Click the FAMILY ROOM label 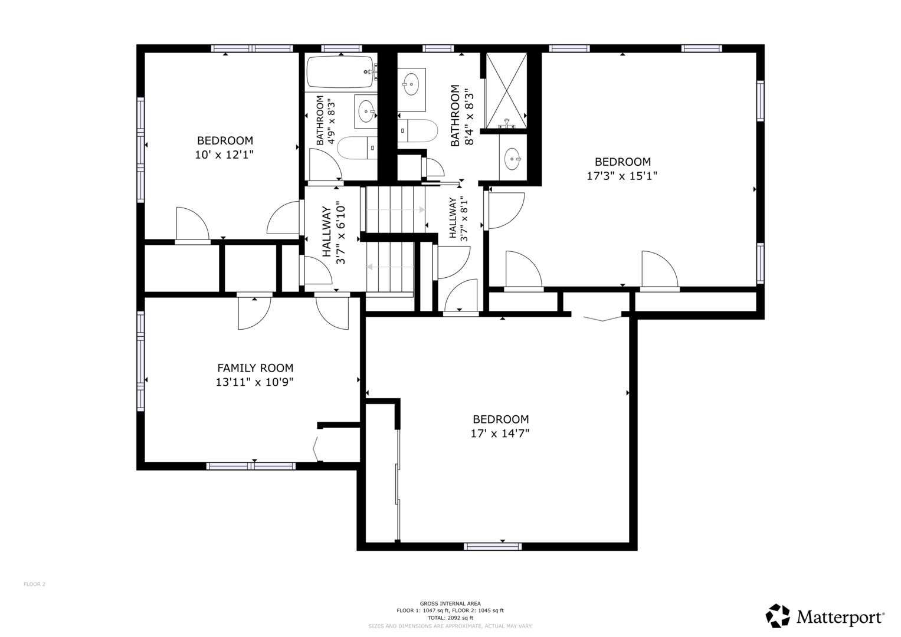pos(255,368)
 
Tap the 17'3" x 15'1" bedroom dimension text pos(622,176)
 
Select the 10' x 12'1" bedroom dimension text pos(225,155)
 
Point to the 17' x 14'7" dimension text pos(500,434)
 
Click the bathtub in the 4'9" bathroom pos(340,73)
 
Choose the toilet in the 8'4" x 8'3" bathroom pos(418,130)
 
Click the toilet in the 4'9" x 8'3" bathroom pos(356,147)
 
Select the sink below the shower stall pos(512,158)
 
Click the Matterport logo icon pos(778,616)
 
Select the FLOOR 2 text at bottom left pos(34,585)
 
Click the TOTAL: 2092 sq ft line pos(450,618)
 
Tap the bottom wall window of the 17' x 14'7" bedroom pos(493,546)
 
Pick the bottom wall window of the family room pos(251,466)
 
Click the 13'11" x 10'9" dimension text pos(255,382)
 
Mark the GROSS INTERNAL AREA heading pos(450,603)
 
